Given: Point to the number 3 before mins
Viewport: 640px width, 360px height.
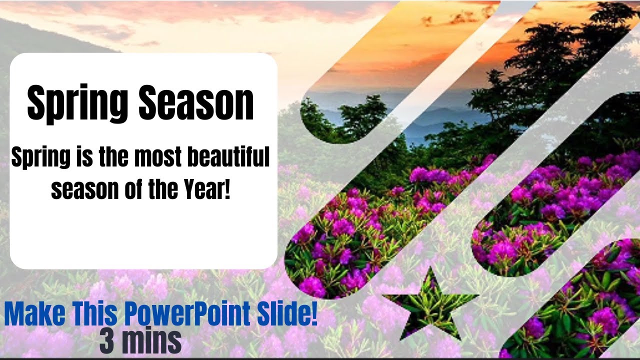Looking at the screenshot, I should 106,341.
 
